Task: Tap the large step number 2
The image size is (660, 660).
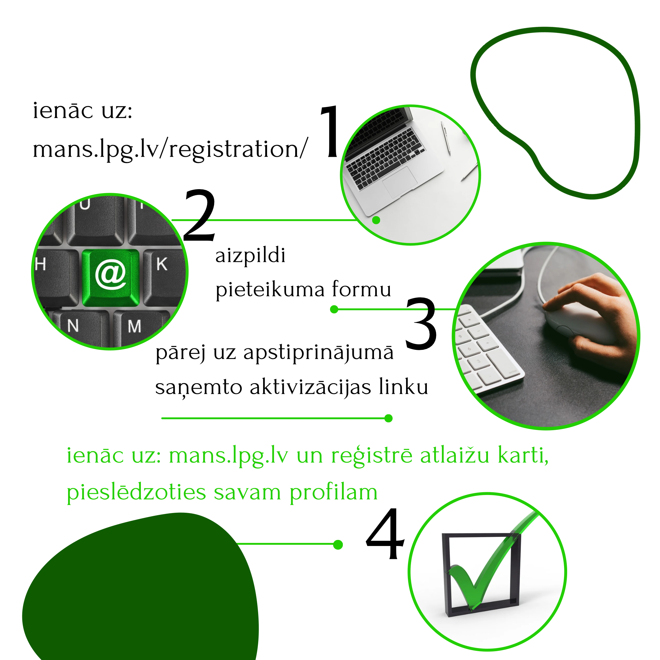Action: coord(200,215)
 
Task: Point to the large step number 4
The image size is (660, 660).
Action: coord(385,534)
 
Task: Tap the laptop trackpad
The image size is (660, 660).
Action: coord(400,182)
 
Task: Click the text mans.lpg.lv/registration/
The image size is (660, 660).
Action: coord(170,150)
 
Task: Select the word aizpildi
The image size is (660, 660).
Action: coord(251,255)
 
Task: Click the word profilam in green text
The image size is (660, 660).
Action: coord(333,493)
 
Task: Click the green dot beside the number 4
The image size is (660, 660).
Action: coord(338,544)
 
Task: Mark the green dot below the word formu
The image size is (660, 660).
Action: coord(334,310)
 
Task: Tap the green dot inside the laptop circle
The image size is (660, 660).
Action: coord(376,220)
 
